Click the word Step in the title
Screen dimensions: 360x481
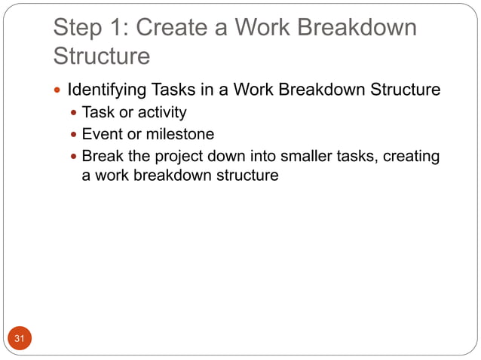pyautogui.click(x=76, y=28)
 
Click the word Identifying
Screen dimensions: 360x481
pyautogui.click(x=106, y=90)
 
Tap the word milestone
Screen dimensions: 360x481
pyautogui.click(x=177, y=135)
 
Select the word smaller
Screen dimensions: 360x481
pyautogui.click(x=291, y=157)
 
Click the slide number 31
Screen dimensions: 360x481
pyautogui.click(x=20, y=340)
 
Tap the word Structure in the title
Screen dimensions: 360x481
pyautogui.click(x=102, y=56)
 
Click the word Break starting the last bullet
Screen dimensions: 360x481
pyautogui.click(x=103, y=157)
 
